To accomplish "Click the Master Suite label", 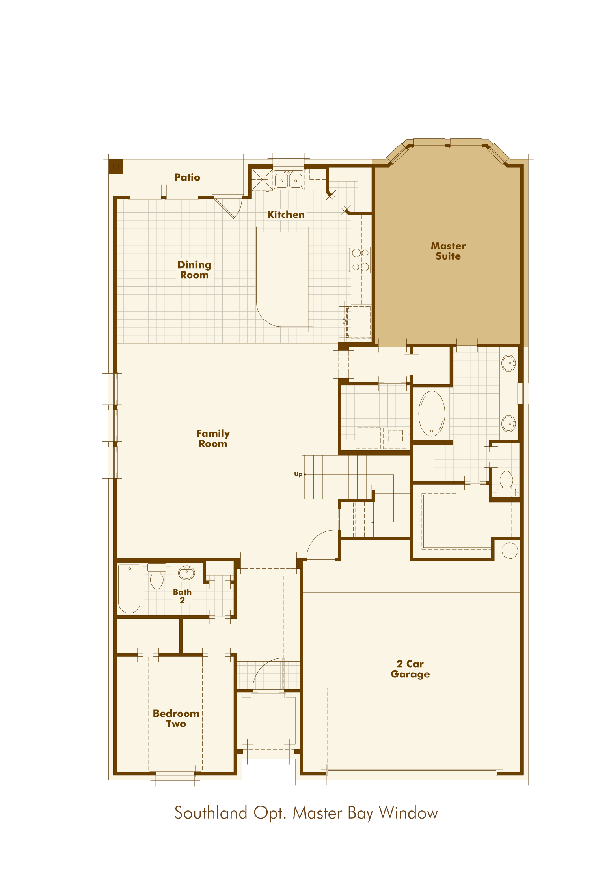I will [448, 251].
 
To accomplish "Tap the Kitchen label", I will [286, 215].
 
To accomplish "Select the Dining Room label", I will [194, 270].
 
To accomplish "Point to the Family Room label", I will [213, 438].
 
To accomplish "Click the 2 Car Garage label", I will [410, 669].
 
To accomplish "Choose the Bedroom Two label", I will [176, 718].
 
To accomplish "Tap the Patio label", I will [187, 177].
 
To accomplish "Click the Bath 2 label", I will [182, 596].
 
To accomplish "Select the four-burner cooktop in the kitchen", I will [361, 260].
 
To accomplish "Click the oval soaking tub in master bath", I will [432, 413].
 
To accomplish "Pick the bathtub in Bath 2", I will [129, 589].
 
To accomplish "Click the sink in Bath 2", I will [187, 573].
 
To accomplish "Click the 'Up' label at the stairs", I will [298, 474].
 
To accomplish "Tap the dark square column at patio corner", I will [116, 166].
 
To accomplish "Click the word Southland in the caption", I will [211, 813].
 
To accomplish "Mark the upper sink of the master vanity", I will [509, 363].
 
